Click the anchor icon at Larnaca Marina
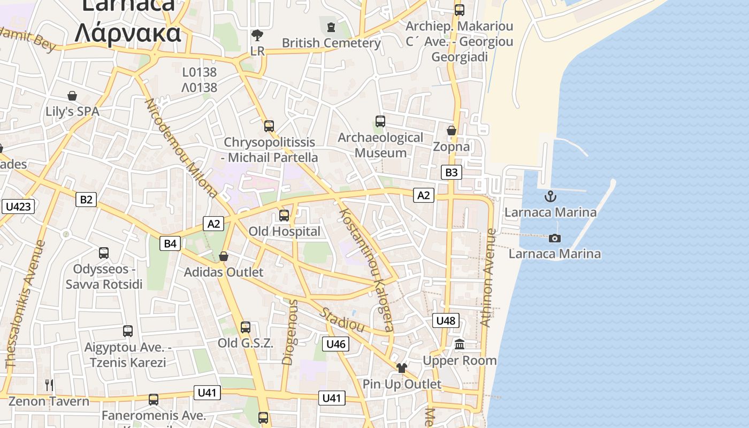click(x=551, y=196)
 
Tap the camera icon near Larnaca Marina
click(x=555, y=238)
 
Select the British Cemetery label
click(x=331, y=43)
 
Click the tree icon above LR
click(x=257, y=36)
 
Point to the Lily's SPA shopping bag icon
click(x=72, y=96)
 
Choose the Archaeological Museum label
click(x=380, y=145)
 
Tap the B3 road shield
click(x=452, y=172)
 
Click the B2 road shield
click(x=86, y=200)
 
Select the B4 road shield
click(x=170, y=244)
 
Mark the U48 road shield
click(x=445, y=320)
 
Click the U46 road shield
click(x=335, y=344)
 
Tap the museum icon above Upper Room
click(x=460, y=345)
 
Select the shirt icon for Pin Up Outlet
click(x=402, y=368)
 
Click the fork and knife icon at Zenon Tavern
click(x=49, y=385)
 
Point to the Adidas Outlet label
click(x=224, y=272)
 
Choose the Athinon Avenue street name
click(x=487, y=278)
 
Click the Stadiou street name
click(x=342, y=319)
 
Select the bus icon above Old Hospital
click(x=284, y=216)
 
